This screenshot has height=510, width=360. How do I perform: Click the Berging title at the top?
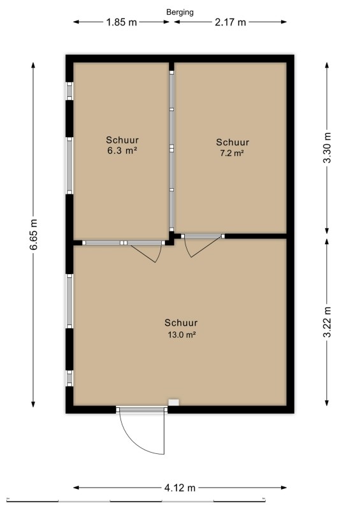coord(180,12)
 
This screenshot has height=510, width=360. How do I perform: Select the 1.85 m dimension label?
coord(122,22)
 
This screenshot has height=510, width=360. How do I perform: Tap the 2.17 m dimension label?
coord(230,22)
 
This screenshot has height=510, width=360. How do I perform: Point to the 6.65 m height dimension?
coord(34,234)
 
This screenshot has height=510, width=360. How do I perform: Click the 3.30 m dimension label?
coord(327,148)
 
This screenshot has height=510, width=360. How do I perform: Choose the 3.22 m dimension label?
coord(327,322)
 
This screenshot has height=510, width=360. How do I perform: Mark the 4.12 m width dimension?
coord(180,488)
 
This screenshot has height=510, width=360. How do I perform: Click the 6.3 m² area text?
coord(122,150)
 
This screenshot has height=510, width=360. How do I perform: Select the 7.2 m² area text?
coord(232,153)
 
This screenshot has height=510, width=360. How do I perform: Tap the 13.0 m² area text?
coord(182,334)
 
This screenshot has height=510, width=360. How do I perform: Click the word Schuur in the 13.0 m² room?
coord(181,323)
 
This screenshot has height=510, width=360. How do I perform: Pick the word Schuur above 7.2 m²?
coord(233,142)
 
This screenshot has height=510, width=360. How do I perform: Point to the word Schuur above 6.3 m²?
coord(122,140)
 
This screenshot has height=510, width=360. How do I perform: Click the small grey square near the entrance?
coord(174,402)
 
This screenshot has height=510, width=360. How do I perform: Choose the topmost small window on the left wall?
coord(69,91)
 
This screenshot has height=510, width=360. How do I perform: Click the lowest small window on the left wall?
coord(69,378)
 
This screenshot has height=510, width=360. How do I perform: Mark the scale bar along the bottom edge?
coord(136,500)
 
